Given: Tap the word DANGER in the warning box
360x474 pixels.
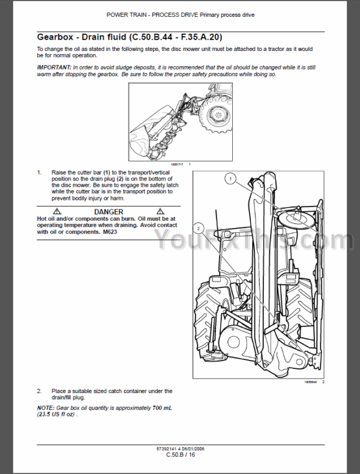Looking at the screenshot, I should [x=109, y=212].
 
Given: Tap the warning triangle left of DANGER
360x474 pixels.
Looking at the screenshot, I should [x=58, y=212].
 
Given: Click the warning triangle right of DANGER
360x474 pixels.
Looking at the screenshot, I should [x=161, y=212].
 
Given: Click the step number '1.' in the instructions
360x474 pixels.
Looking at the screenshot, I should [x=40, y=173].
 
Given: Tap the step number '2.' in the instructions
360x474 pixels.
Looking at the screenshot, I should [x=40, y=391].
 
